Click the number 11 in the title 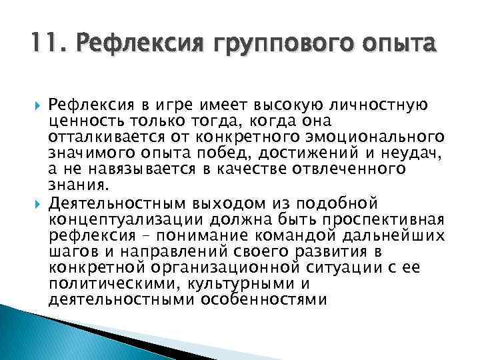point(43,45)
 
